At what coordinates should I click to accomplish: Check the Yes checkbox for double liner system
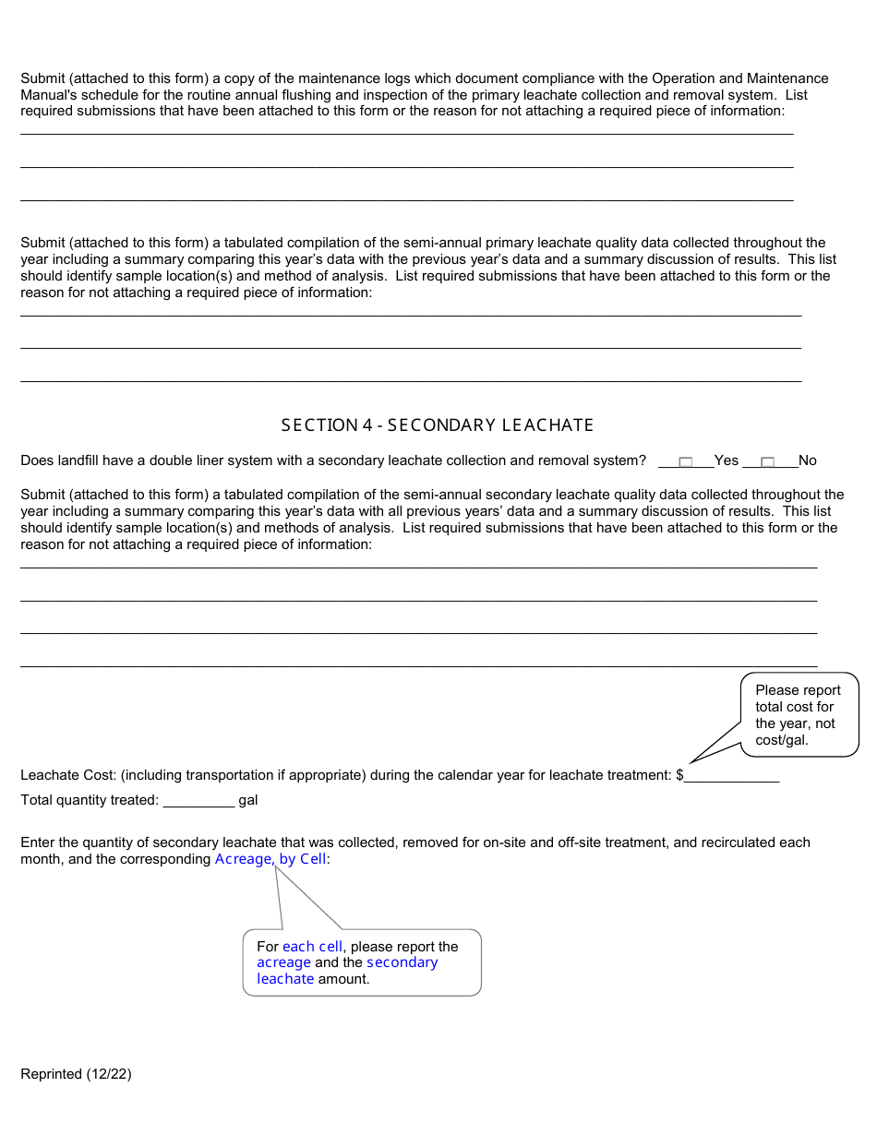pos(685,461)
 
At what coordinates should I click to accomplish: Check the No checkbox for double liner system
pos(767,461)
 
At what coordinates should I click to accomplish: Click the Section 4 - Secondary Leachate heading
pos(438,425)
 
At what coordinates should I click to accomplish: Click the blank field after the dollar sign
pos(731,776)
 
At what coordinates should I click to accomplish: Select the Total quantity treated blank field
pos(198,801)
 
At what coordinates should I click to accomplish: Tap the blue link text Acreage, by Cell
pos(270,859)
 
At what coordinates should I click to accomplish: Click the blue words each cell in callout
pos(312,947)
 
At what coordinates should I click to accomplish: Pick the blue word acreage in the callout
pos(283,962)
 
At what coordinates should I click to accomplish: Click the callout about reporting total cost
pos(799,715)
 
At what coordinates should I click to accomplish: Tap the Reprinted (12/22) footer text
pos(76,1074)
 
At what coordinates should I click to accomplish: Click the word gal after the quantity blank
pos(248,801)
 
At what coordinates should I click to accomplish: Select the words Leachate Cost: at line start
pos(68,776)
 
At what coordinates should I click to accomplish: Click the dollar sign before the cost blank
pos(679,776)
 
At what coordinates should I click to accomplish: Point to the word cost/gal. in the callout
pos(782,741)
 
